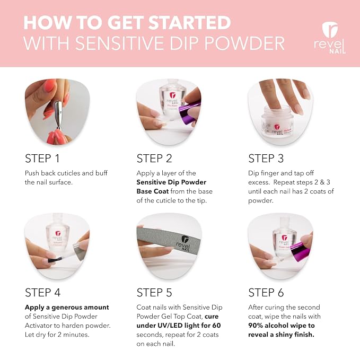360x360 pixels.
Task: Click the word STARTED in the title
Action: tap(189, 22)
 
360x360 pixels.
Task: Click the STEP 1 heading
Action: tap(42, 159)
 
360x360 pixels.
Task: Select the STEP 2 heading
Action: tap(154, 159)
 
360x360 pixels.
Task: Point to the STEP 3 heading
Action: tap(266, 159)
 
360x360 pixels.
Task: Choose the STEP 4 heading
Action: tap(43, 293)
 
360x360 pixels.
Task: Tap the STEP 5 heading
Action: tap(154, 293)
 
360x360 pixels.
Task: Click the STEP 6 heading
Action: tap(266, 293)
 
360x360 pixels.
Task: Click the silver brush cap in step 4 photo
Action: tap(78, 251)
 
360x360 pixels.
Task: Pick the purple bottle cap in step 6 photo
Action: tap(299, 251)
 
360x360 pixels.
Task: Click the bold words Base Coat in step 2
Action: tap(153, 191)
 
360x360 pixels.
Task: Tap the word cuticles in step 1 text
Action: tap(68, 173)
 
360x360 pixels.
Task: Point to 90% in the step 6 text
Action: tap(256, 326)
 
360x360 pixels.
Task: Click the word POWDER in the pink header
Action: tap(244, 43)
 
